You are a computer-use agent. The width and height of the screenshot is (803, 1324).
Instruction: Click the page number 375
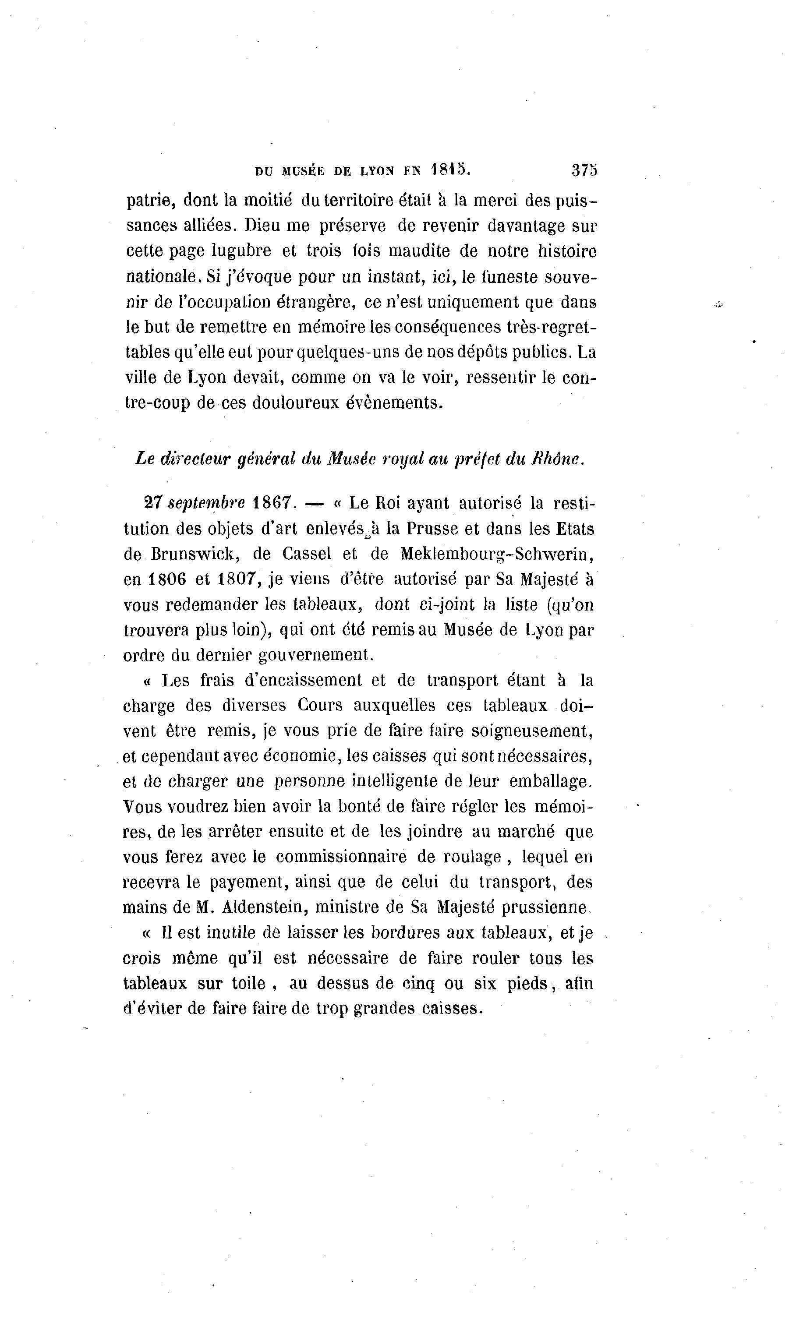pos(584,170)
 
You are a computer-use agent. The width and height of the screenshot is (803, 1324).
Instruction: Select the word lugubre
pos(242,251)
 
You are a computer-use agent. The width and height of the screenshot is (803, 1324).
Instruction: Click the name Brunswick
pos(196,554)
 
